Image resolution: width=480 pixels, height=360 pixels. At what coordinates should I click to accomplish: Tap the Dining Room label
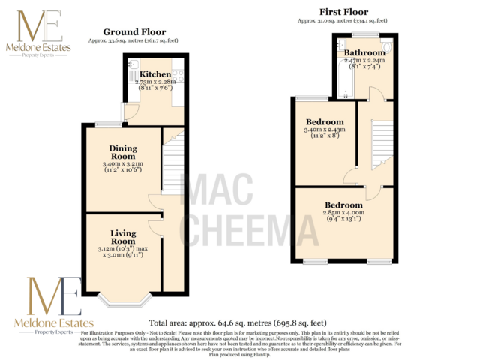tap(123, 153)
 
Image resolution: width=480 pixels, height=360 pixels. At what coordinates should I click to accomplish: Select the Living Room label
tap(123, 238)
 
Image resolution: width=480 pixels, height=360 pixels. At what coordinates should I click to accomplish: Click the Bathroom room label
tap(364, 52)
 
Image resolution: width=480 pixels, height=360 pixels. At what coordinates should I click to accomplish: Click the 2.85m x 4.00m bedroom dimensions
tap(343, 217)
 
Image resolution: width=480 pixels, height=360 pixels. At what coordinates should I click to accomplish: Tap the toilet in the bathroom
tap(385, 50)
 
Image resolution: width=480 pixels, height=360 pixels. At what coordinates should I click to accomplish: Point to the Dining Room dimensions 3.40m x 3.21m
tap(123, 167)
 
